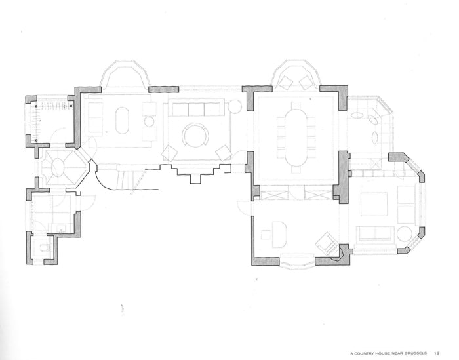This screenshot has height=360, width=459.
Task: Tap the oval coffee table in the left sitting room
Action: (x=123, y=122)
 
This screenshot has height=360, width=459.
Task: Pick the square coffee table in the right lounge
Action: (x=374, y=205)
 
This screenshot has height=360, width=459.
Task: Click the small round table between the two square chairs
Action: (x=149, y=121)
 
